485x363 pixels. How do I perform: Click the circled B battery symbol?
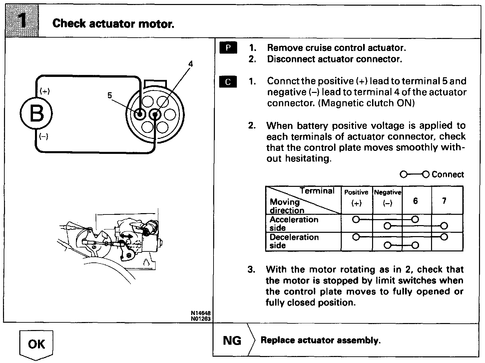pyautogui.click(x=36, y=114)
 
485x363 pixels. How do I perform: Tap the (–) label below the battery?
pyautogui.click(x=44, y=136)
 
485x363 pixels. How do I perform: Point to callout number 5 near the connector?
pyautogui.click(x=110, y=96)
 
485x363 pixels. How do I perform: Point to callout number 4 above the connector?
pyautogui.click(x=191, y=64)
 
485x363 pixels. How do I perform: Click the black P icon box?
pyautogui.click(x=228, y=48)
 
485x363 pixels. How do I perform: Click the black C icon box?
pyautogui.click(x=228, y=82)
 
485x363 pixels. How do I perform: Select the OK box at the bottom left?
pyautogui.click(x=36, y=344)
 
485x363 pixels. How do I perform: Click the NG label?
pyautogui.click(x=232, y=340)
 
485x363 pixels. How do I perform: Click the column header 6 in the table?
pyautogui.click(x=415, y=201)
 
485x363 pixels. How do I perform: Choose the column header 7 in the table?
pyautogui.click(x=444, y=201)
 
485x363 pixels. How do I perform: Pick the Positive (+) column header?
pyautogui.click(x=356, y=198)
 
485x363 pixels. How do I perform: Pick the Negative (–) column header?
pyautogui.click(x=387, y=198)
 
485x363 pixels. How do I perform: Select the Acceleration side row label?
pyautogui.click(x=294, y=223)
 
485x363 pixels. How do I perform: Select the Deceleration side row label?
pyautogui.click(x=294, y=241)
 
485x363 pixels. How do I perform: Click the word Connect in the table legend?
pyautogui.click(x=447, y=175)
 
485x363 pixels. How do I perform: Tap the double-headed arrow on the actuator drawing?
pyautogui.click(x=126, y=236)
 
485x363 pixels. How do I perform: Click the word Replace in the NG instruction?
pyautogui.click(x=277, y=340)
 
